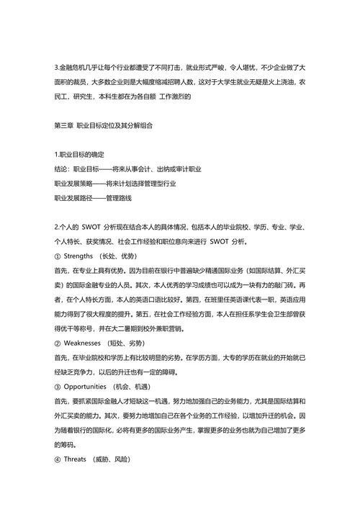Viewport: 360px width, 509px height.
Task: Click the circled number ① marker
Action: [58, 257]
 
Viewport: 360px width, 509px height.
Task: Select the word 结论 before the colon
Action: [61, 168]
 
